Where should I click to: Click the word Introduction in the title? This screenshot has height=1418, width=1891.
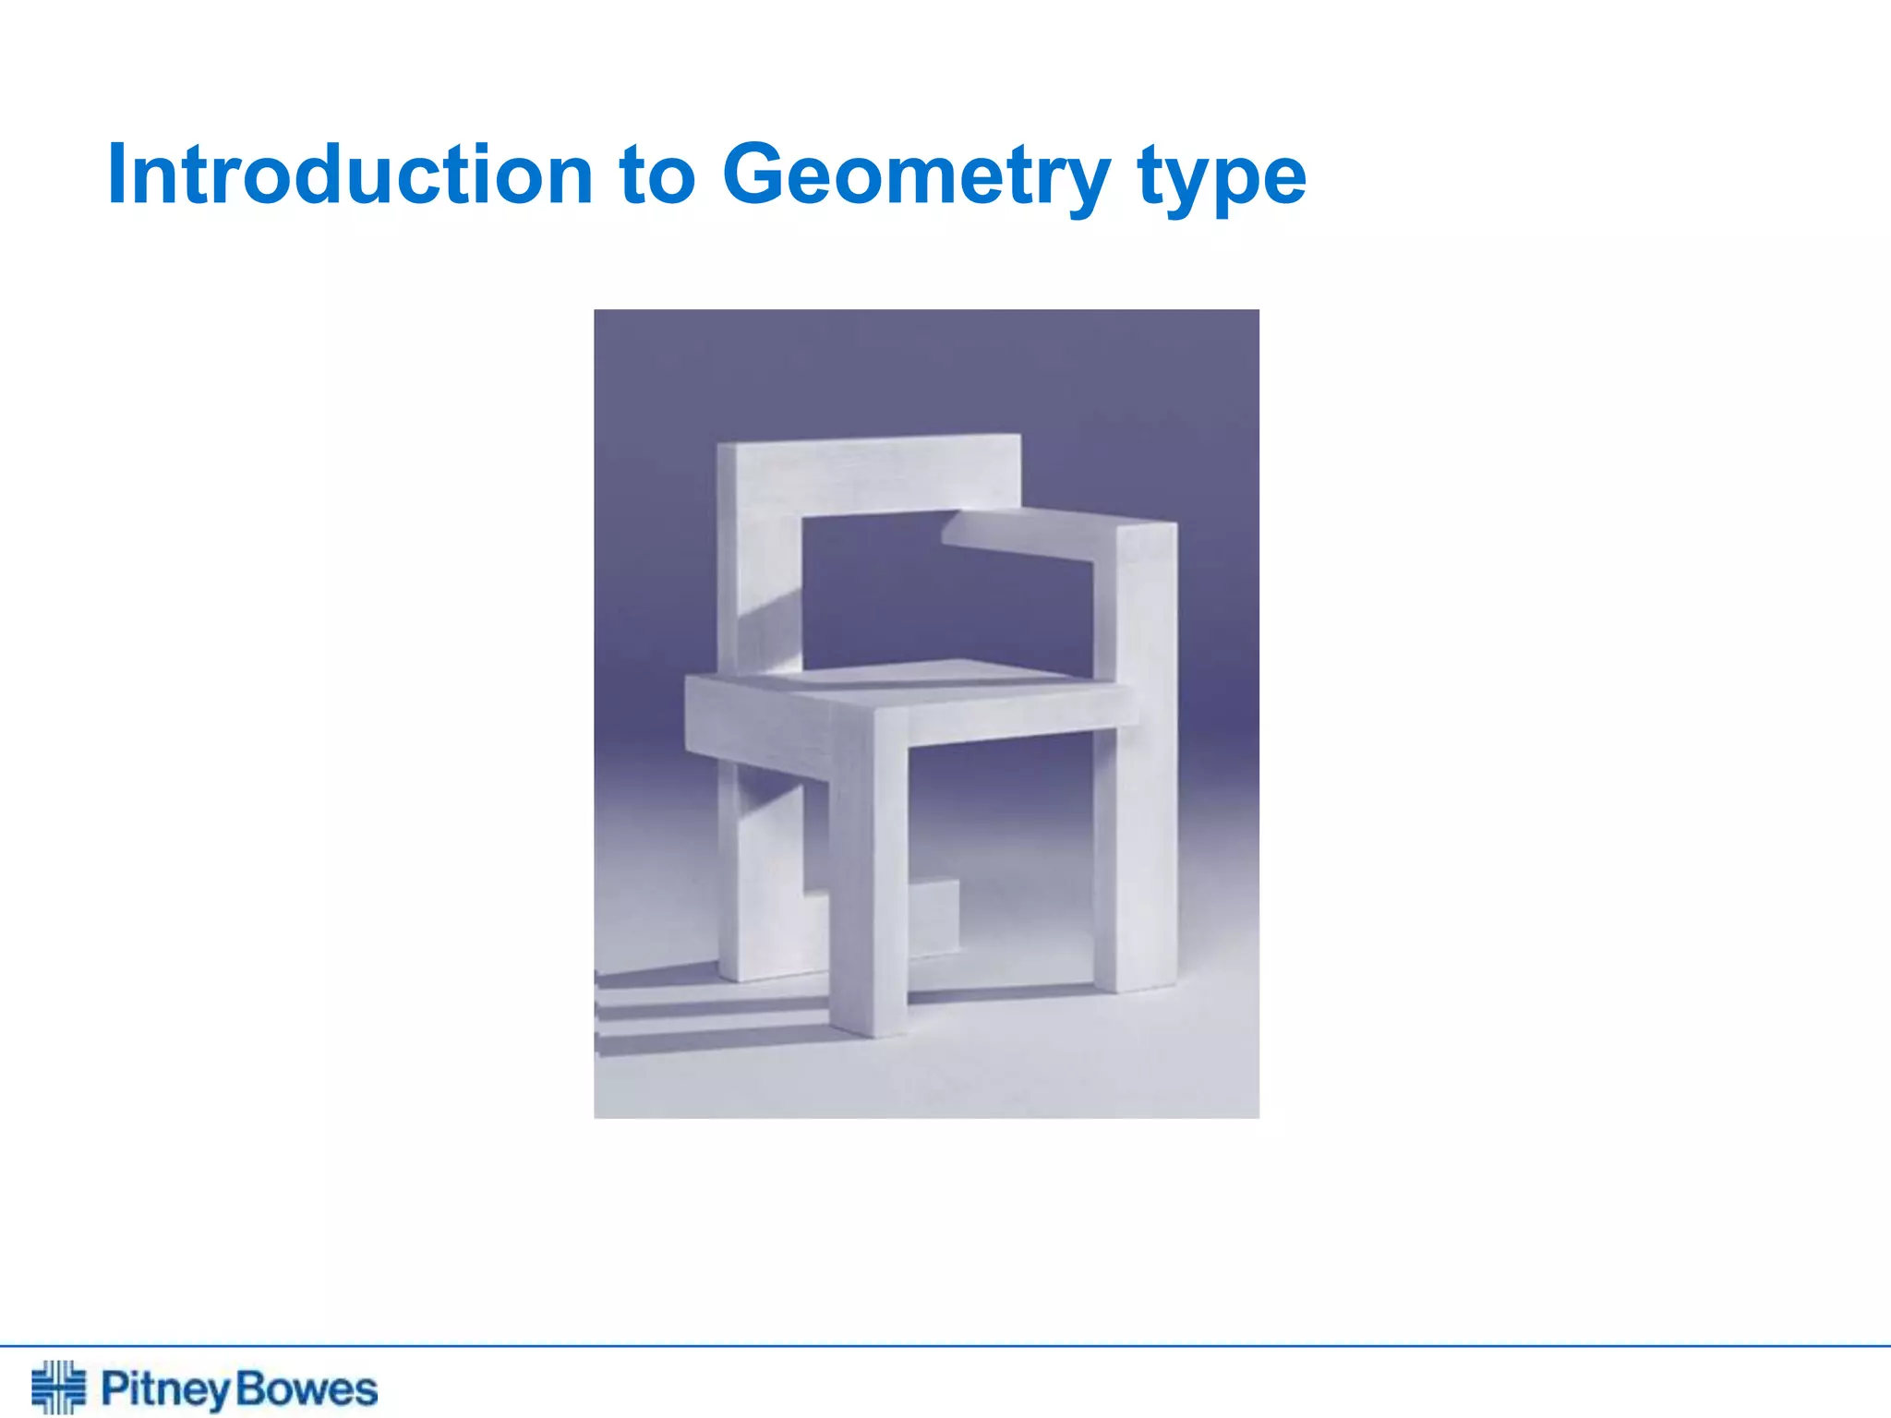pos(350,175)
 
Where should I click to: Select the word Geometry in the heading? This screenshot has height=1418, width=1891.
pos(915,177)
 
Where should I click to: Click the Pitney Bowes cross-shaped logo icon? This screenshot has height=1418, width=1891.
pos(58,1387)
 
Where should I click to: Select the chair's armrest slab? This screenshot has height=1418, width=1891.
pos(1025,535)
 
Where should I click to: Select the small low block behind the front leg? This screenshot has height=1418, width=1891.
pos(933,919)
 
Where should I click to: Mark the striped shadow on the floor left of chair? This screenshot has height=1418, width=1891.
pos(702,1011)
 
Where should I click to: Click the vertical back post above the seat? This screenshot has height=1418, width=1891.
pos(757,591)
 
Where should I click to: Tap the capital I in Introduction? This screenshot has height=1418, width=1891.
pos(116,175)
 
